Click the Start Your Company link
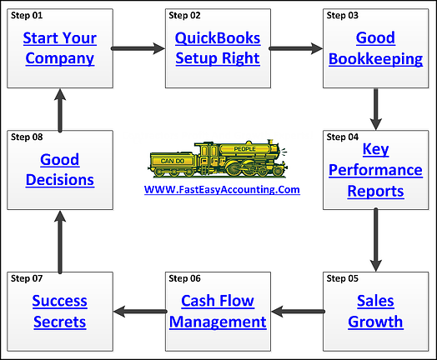tap(59, 48)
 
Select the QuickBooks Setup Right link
tap(218, 48)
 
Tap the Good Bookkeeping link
tap(375, 48)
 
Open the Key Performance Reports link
tap(375, 170)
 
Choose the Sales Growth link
tap(375, 311)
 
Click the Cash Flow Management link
tap(218, 311)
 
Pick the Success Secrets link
tap(59, 311)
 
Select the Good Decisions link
tap(59, 169)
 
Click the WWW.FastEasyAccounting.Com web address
tap(221, 189)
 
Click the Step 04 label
tap(343, 136)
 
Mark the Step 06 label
tap(185, 277)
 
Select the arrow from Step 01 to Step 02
tap(138, 48)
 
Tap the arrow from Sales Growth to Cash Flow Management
tap(296, 312)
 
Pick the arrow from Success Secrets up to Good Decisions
tap(59, 241)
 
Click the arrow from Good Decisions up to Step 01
tap(59, 107)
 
